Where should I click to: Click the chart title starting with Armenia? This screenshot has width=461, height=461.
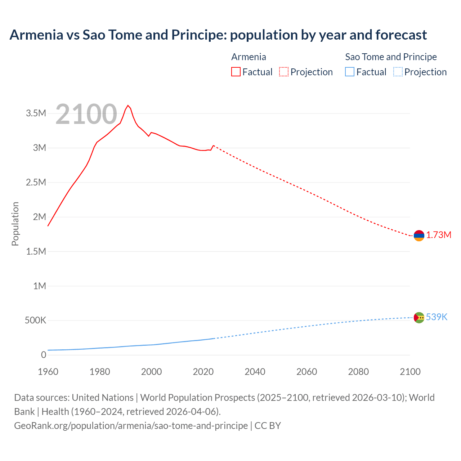218,35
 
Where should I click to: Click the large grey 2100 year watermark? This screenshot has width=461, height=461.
86,114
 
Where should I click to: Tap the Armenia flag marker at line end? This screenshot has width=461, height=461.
419,236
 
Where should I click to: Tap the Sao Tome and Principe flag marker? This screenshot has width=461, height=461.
419,317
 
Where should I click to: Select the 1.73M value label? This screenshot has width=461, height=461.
439,235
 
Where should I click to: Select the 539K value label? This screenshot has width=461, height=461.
437,317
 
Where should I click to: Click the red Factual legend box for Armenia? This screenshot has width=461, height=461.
236,72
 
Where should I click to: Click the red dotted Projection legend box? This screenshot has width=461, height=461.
284,72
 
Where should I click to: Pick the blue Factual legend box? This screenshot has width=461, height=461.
350,72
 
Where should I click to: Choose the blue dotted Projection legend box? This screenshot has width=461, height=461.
398,72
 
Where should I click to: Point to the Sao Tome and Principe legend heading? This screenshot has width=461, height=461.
391,57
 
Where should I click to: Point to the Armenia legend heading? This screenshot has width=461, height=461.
249,57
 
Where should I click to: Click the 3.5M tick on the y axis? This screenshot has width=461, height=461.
36,113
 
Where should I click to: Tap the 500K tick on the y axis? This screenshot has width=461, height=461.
35,321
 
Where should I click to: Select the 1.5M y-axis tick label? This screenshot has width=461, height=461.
36,251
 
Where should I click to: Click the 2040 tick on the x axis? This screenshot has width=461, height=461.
255,372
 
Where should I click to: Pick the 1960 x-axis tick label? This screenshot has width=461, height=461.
48,372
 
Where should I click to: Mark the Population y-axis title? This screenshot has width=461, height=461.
15,224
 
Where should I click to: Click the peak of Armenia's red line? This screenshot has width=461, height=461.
128,106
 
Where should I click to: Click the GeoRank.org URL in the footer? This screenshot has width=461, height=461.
131,426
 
